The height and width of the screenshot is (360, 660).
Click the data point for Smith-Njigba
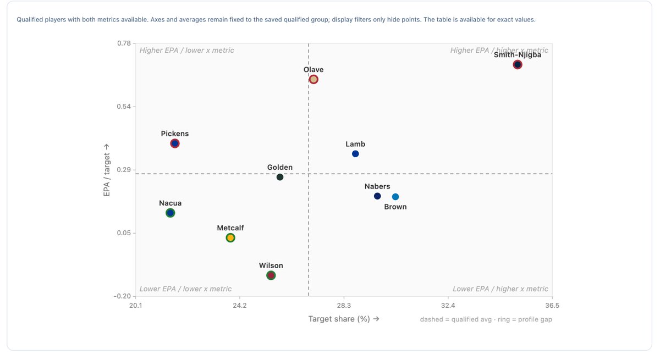pyautogui.click(x=518, y=65)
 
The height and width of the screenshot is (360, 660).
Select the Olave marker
pyautogui.click(x=313, y=80)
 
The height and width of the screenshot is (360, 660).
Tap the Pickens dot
pyautogui.click(x=175, y=143)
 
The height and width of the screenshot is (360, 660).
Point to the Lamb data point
pyautogui.click(x=355, y=154)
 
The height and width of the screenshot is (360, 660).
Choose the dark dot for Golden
pyautogui.click(x=280, y=177)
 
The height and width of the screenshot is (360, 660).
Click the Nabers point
pyautogui.click(x=377, y=196)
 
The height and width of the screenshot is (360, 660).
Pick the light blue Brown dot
pyautogui.click(x=395, y=197)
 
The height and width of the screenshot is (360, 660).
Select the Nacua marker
pyautogui.click(x=170, y=213)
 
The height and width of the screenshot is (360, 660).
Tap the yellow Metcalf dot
pyautogui.click(x=230, y=238)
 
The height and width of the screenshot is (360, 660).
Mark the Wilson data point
pyautogui.click(x=271, y=275)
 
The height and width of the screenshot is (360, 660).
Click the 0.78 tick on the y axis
pyautogui.click(x=124, y=43)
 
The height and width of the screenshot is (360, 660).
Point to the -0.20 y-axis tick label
pyautogui.click(x=122, y=296)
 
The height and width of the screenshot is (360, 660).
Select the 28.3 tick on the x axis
pyautogui.click(x=344, y=306)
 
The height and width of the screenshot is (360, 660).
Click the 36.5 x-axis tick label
pyautogui.click(x=552, y=306)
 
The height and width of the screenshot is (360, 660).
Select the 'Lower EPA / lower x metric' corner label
pyautogui.click(x=186, y=289)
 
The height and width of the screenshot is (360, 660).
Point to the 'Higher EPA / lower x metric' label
pyautogui.click(x=187, y=51)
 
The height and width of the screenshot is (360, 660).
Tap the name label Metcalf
pyautogui.click(x=230, y=228)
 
